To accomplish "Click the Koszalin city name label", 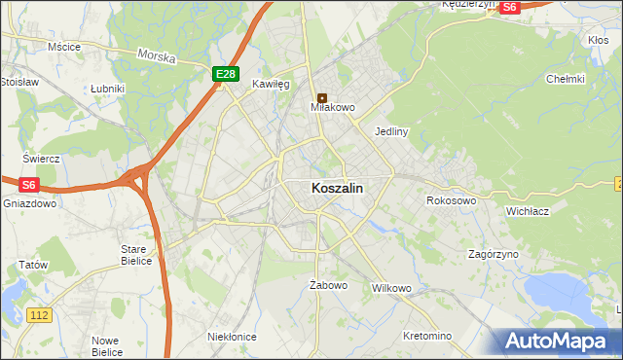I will (338, 189).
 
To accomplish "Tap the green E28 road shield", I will (225, 74).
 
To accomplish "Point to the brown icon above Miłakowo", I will (322, 96).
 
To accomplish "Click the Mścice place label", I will (63, 46).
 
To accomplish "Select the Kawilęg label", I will (272, 85).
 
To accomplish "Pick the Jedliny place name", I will (390, 130).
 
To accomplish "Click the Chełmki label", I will (565, 79).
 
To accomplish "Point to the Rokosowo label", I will (451, 200).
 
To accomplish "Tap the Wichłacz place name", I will (530, 210).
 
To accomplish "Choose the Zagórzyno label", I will (493, 253).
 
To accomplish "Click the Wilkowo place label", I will (392, 289).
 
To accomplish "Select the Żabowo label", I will (328, 285).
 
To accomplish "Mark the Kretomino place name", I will (427, 336).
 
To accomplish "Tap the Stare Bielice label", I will (133, 255).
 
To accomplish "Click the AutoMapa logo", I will (559, 342).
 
